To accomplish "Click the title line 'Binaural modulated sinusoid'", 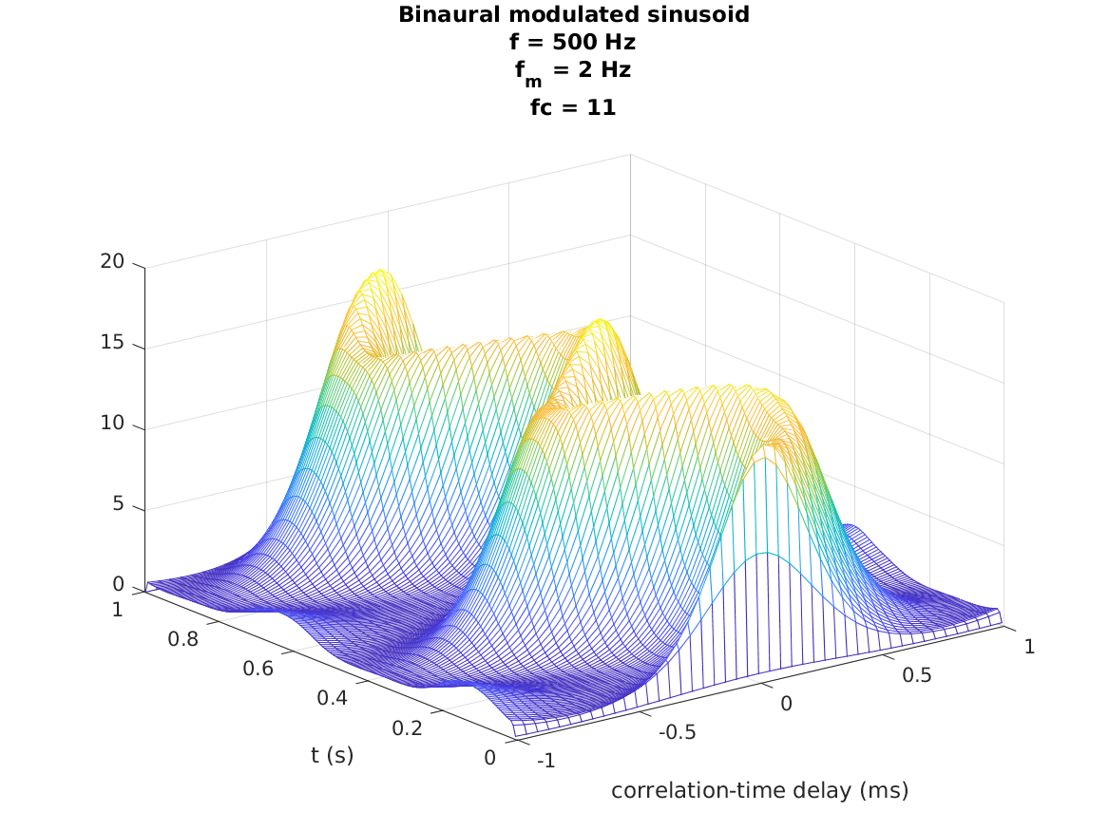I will pyautogui.click(x=573, y=14).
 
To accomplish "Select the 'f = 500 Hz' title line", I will pyautogui.click(x=573, y=42).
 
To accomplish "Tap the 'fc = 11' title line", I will pyautogui.click(x=573, y=108).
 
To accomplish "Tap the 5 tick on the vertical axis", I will pyautogui.click(x=118, y=503).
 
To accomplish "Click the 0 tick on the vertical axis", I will pyautogui.click(x=118, y=584).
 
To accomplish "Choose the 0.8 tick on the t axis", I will pyautogui.click(x=183, y=639).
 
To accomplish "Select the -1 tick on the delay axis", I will pyautogui.click(x=545, y=761).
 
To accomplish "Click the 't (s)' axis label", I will pyautogui.click(x=332, y=756).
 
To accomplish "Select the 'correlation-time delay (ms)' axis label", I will pyautogui.click(x=759, y=790).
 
